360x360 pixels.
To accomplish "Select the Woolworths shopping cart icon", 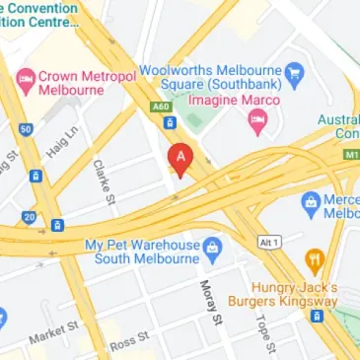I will point(292,72).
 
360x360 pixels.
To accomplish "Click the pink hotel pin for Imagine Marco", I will point(257,121).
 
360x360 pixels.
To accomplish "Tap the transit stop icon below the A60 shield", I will point(170,123).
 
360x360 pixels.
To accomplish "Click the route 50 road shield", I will point(26,129).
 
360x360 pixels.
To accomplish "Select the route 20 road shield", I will point(29,217).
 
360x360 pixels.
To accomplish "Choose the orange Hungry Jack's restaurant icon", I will point(314,260).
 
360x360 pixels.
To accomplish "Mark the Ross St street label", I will point(129,341).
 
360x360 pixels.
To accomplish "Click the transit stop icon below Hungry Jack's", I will point(317,317).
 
